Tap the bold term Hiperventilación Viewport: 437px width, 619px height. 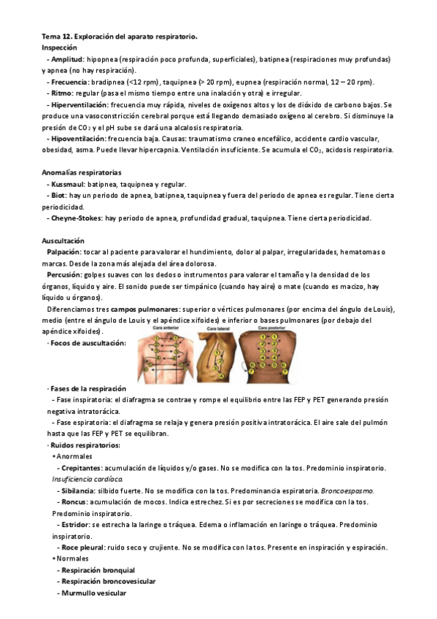(79, 105)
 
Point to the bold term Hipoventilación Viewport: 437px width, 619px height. (78, 139)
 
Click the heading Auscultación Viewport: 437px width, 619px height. (63, 241)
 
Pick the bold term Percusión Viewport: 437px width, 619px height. (67, 275)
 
